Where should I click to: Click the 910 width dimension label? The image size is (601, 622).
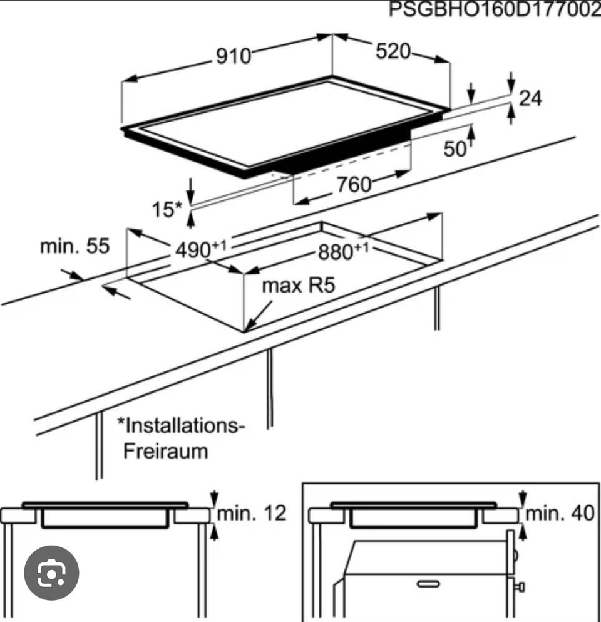(x=234, y=56)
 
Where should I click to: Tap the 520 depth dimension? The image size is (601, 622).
(x=393, y=51)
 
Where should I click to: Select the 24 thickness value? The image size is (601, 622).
(x=530, y=98)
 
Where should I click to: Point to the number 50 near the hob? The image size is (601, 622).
(x=455, y=149)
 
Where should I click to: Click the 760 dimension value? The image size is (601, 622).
(x=354, y=184)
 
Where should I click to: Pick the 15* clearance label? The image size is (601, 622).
(x=167, y=209)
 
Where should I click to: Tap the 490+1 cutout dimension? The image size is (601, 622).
(x=201, y=249)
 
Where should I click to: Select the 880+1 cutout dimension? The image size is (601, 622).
(x=344, y=251)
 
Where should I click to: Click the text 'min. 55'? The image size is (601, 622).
(x=74, y=246)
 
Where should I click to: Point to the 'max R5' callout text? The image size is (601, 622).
(x=299, y=285)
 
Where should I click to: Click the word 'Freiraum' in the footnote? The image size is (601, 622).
(x=166, y=452)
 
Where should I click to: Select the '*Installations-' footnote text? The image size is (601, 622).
(x=181, y=425)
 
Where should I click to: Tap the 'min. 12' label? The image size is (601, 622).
(x=252, y=513)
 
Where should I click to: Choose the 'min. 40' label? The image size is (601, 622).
(x=560, y=513)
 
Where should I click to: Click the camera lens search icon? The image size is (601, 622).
(x=51, y=573)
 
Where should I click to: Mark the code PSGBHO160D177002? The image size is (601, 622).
(x=495, y=9)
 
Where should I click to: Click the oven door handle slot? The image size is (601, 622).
(x=429, y=584)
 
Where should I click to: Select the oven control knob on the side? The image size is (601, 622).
(x=520, y=586)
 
